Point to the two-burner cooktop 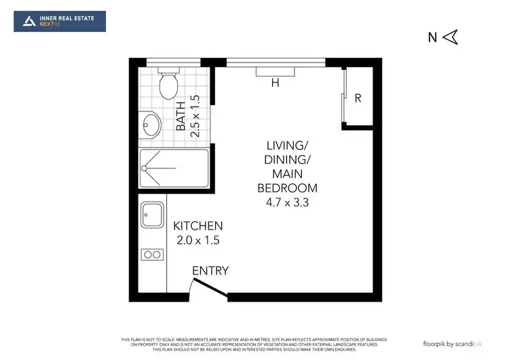(151, 255)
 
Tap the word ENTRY (210, 271)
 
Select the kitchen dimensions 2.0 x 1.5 (198, 240)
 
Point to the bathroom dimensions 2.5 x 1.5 (195, 115)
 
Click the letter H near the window (275, 84)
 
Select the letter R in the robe (358, 98)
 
